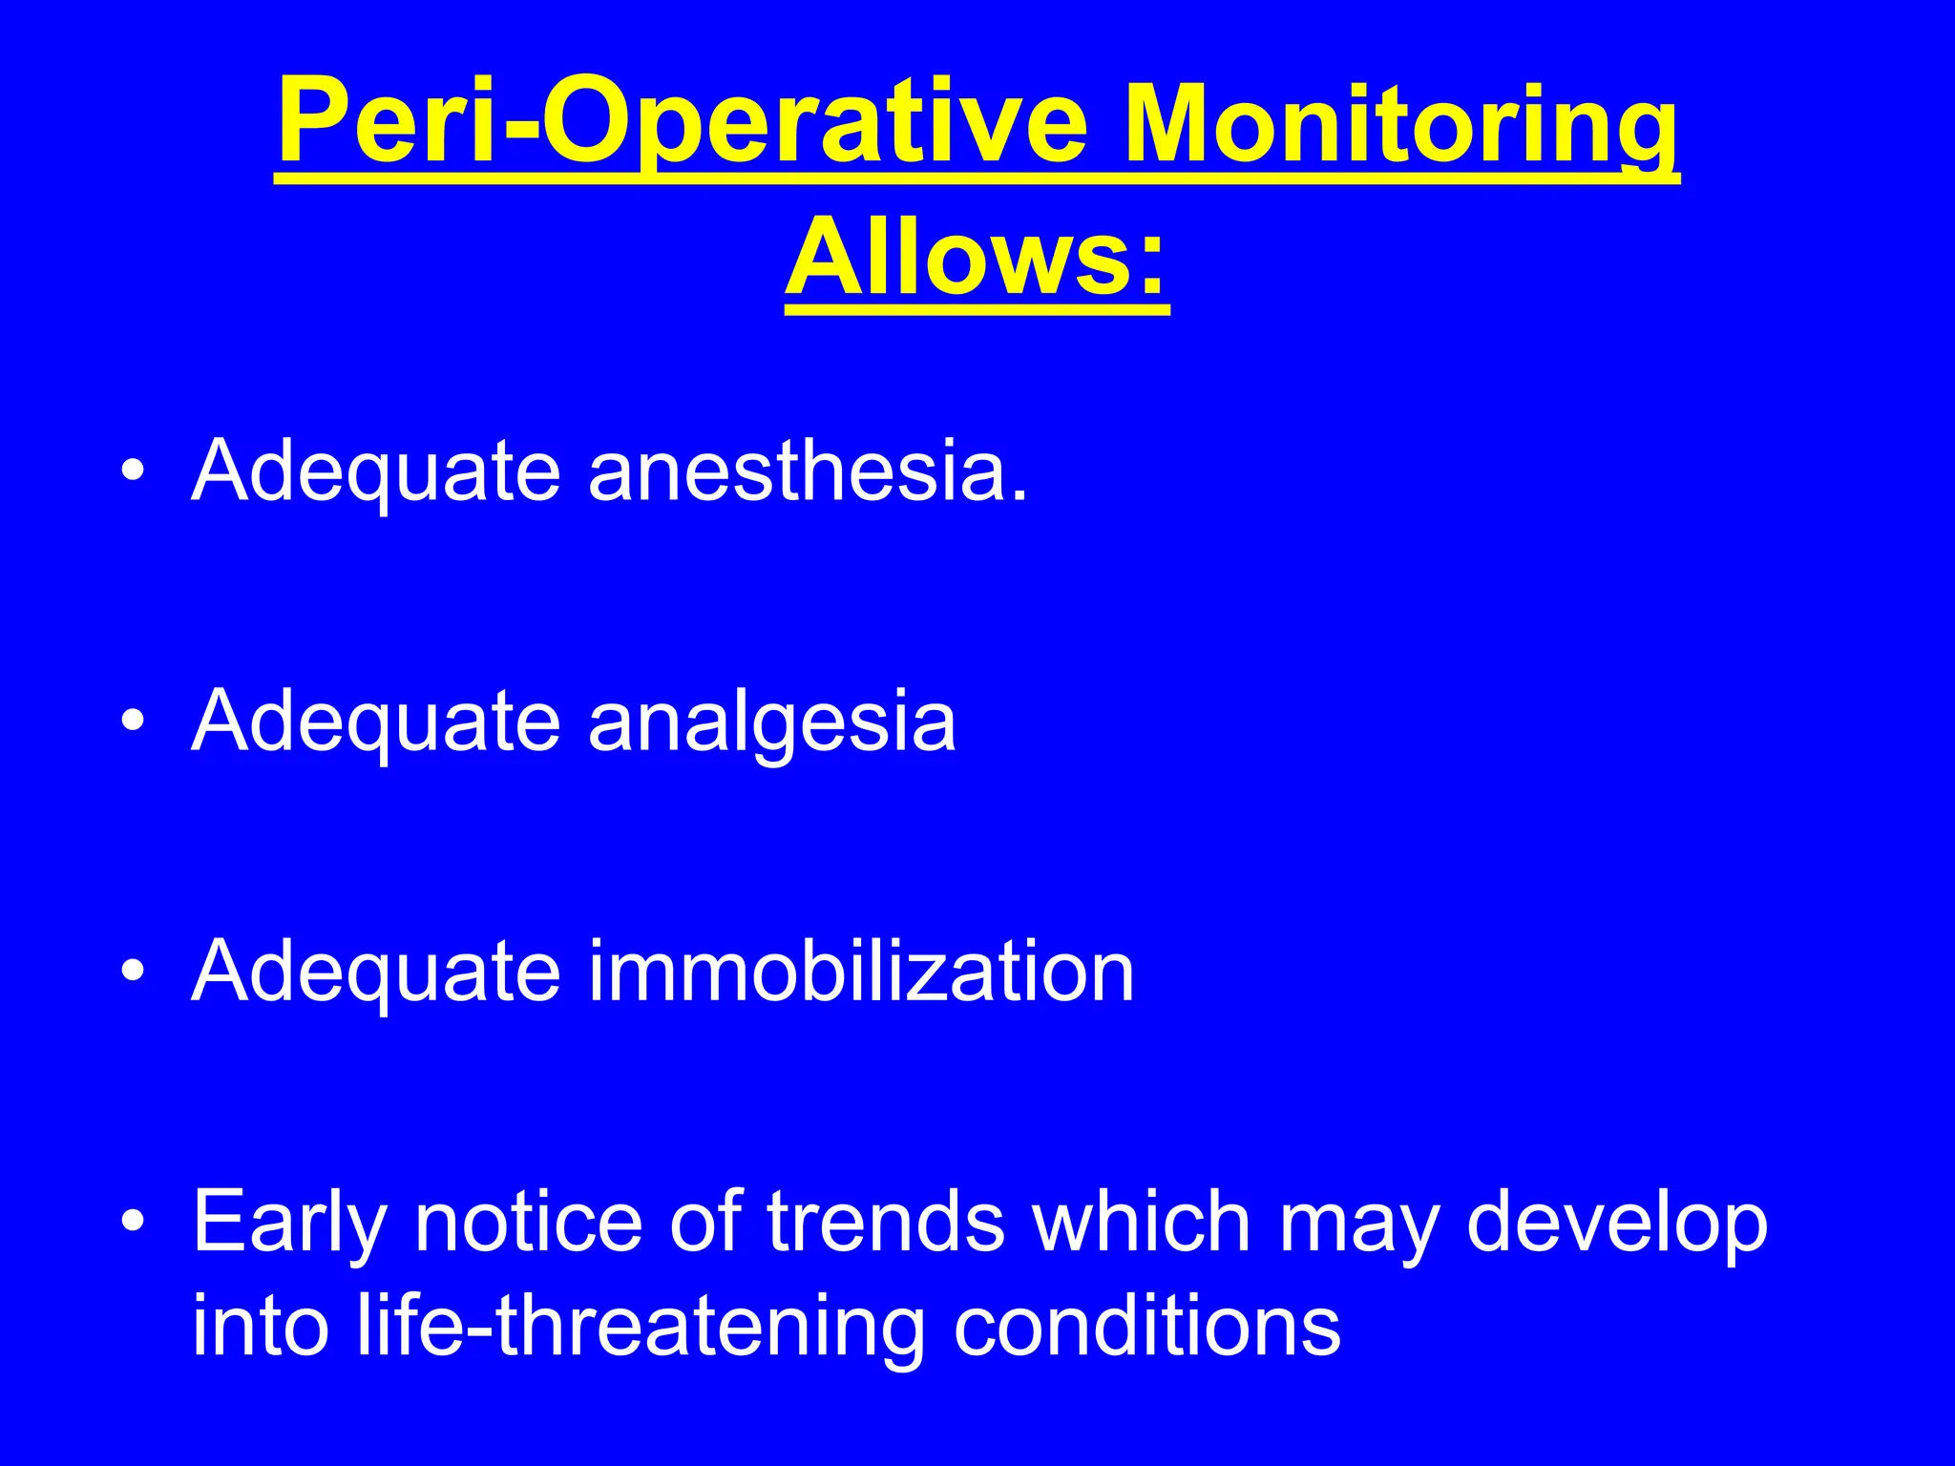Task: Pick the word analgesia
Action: (x=771, y=723)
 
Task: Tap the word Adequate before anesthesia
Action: (x=375, y=472)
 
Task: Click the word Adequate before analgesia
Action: (x=375, y=723)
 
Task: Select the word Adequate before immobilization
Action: (x=375, y=974)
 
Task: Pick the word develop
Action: (x=1617, y=1224)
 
